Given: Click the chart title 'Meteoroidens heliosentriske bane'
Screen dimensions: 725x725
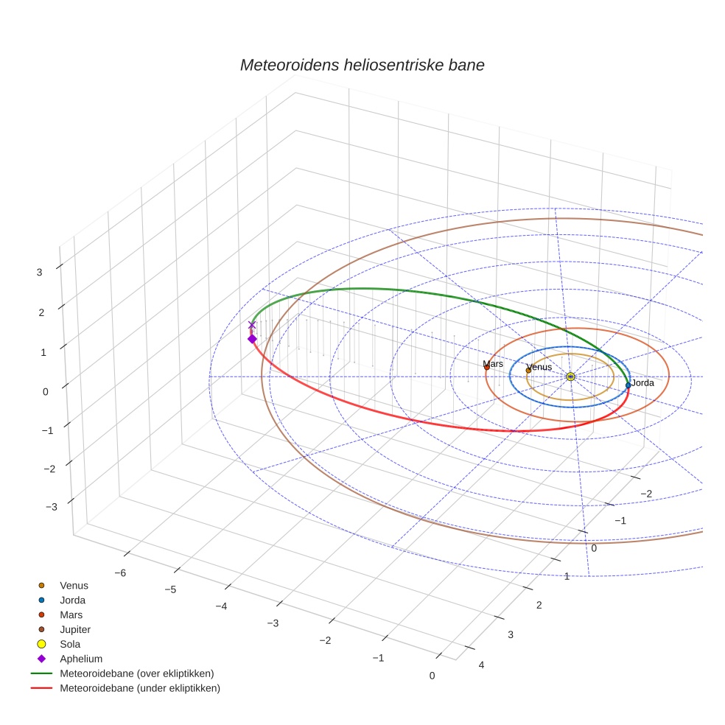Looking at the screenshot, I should pyautogui.click(x=362, y=65).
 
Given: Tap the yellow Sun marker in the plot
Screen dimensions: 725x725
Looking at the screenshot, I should pyautogui.click(x=570, y=376).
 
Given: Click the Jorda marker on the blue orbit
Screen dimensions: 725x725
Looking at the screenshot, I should pyautogui.click(x=628, y=385).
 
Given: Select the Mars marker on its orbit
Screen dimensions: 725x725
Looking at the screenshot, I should pyautogui.click(x=486, y=367).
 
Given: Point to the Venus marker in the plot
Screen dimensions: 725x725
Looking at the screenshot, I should pyautogui.click(x=528, y=370).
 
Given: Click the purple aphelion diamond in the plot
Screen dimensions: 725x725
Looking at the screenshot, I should pyautogui.click(x=252, y=339).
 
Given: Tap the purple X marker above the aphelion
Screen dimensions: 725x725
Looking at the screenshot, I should pyautogui.click(x=252, y=325).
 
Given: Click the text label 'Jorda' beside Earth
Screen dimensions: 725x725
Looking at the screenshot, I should pyautogui.click(x=643, y=383).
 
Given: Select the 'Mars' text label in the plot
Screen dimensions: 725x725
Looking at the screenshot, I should pyautogui.click(x=493, y=364).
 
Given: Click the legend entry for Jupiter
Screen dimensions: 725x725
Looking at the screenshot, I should pyautogui.click(x=75, y=629).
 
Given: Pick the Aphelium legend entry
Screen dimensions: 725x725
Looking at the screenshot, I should pyautogui.click(x=81, y=659).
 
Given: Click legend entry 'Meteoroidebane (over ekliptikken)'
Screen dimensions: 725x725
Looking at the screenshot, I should pyautogui.click(x=137, y=673).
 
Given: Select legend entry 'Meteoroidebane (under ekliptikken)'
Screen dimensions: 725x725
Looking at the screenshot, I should pyautogui.click(x=140, y=688).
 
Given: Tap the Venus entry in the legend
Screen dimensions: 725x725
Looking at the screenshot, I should pyautogui.click(x=74, y=585).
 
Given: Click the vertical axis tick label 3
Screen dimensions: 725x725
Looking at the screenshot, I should pyautogui.click(x=39, y=272).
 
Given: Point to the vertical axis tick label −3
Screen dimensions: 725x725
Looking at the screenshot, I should pyautogui.click(x=52, y=507).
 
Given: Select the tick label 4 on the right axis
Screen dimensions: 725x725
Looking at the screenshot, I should pyautogui.click(x=482, y=665).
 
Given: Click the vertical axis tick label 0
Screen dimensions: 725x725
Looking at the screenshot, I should pyautogui.click(x=46, y=392).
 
